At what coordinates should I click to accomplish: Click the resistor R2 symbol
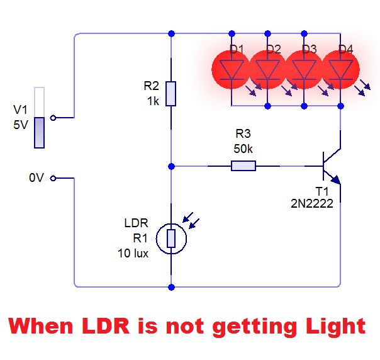(171, 93)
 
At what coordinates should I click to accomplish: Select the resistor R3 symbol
(243, 166)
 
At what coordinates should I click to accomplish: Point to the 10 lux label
(133, 253)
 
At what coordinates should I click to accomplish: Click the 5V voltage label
(21, 125)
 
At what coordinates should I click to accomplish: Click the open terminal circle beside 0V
(53, 178)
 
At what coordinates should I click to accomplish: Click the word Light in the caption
(332, 326)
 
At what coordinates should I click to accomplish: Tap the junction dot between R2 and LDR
(171, 166)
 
